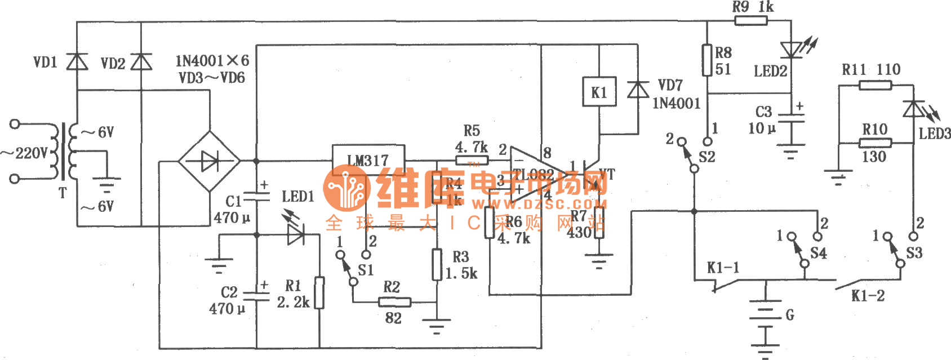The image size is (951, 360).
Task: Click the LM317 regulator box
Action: tap(368, 160)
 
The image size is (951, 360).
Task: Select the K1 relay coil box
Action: tap(598, 92)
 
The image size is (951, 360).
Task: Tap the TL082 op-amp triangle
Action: tap(535, 174)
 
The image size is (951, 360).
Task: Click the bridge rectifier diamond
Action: tap(210, 161)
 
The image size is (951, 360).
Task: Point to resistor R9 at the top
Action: tap(751, 21)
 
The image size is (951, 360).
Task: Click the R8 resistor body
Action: tap(707, 60)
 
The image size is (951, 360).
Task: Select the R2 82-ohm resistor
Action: tap(394, 303)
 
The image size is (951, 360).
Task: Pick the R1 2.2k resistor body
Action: tap(319, 292)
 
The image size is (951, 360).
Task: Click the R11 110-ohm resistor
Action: tap(875, 85)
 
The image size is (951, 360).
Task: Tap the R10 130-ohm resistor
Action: tap(875, 143)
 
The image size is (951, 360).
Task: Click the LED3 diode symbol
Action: tap(913, 109)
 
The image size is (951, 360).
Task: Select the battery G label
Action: tap(790, 315)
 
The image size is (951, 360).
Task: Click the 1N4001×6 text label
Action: tap(212, 61)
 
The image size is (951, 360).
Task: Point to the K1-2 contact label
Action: tap(868, 296)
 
